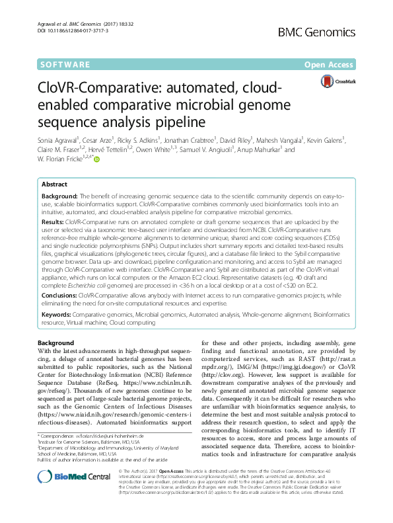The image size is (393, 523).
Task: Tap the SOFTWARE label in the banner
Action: coord(66,65)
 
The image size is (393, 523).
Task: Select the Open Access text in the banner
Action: coord(331,65)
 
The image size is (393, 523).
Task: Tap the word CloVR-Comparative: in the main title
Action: coord(107,91)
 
